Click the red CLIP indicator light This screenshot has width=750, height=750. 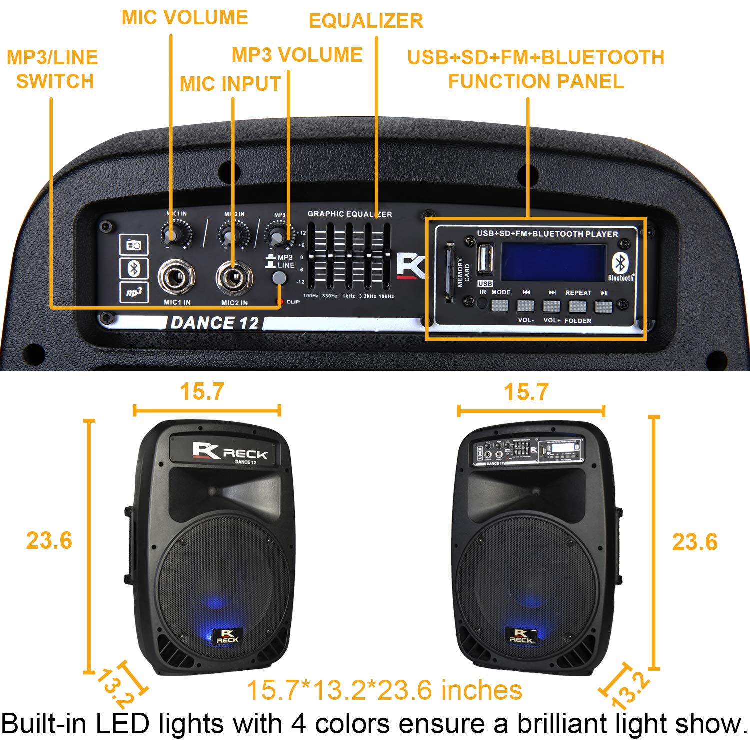[280, 302]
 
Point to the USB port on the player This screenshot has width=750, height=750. [485, 259]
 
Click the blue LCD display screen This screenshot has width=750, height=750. [554, 263]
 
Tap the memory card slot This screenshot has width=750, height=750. [450, 272]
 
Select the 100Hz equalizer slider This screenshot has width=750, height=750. [311, 256]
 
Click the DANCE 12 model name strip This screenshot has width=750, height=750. [215, 323]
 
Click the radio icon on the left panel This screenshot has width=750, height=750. [133, 245]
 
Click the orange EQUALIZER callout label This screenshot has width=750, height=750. [366, 21]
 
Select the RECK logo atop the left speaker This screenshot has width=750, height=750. [230, 451]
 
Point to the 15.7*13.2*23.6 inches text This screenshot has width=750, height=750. [384, 690]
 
